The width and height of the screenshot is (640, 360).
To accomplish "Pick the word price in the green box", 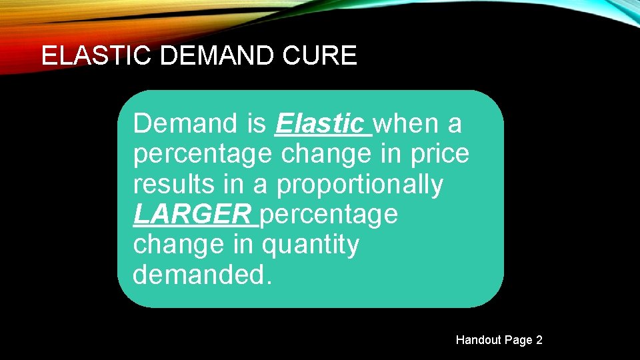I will pyautogui.click(x=441, y=154).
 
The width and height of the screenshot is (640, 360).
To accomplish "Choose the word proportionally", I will pyautogui.click(x=360, y=185).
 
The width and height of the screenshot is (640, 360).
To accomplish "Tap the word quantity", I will pyautogui.click(x=311, y=245).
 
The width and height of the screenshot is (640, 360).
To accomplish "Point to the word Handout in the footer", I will pyautogui.click(x=479, y=340).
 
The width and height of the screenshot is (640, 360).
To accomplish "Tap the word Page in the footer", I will pyautogui.click(x=518, y=340).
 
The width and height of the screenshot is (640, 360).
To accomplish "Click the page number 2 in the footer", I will pyautogui.click(x=539, y=340).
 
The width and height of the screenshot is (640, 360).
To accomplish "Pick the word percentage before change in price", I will pyautogui.click(x=203, y=155).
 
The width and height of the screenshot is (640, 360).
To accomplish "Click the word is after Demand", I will pyautogui.click(x=256, y=123).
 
